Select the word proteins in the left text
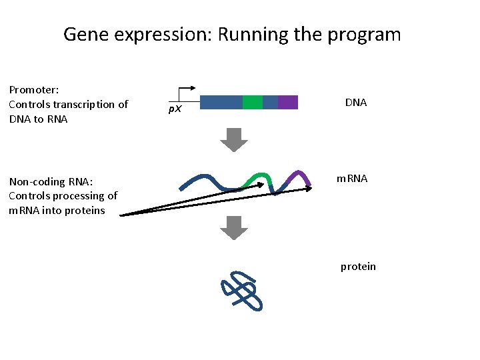click(85, 211)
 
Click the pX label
click(175, 109)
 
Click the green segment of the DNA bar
click(253, 102)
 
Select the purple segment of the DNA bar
click(288, 102)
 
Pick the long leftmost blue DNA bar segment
click(221, 102)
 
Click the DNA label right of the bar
click(356, 103)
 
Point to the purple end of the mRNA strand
click(303, 176)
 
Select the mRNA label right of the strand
click(351, 179)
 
